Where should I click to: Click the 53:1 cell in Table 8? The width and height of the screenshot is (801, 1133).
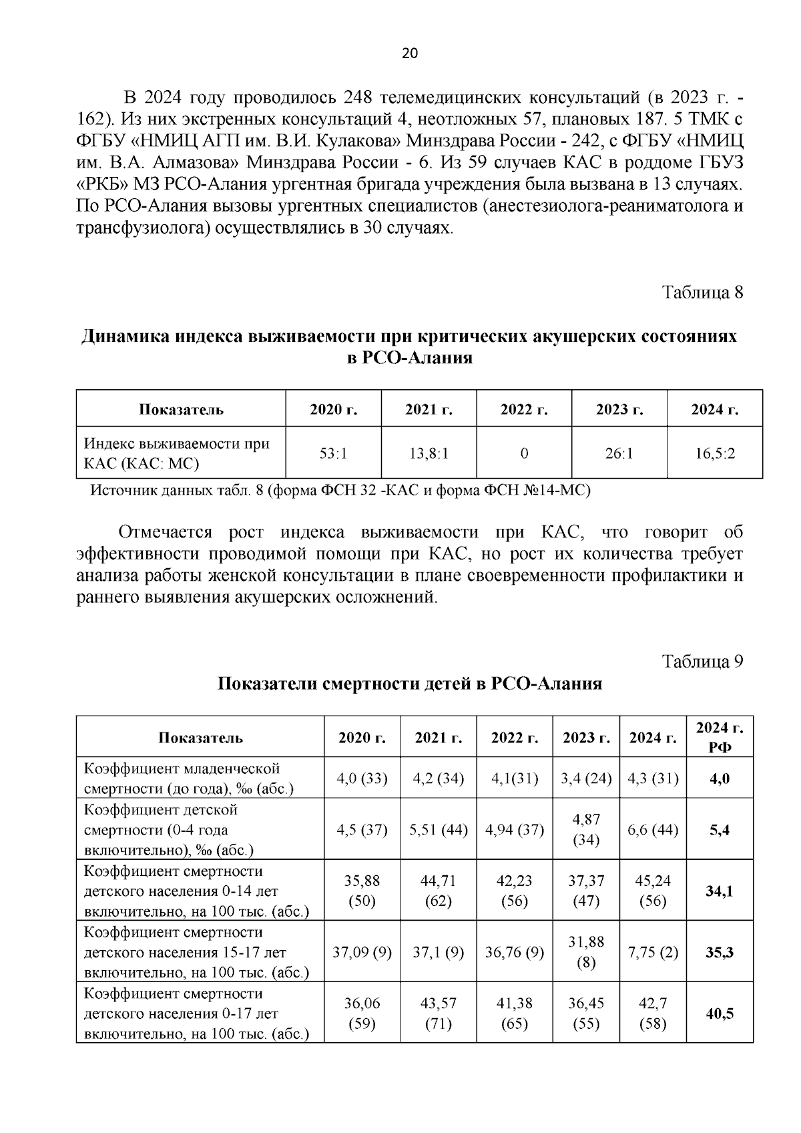(333, 454)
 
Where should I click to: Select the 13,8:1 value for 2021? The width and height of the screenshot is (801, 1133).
(429, 454)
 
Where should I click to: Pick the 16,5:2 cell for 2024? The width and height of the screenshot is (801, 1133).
(714, 454)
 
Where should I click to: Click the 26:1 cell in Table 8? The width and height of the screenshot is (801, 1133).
(619, 454)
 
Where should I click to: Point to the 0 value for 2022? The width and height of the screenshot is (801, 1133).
(524, 454)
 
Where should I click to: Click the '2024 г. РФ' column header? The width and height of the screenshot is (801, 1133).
(720, 737)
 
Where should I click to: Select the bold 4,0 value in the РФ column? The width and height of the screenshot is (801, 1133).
(720, 778)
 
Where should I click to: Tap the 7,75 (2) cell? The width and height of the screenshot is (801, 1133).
(652, 952)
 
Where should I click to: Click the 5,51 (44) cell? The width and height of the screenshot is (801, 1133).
(438, 830)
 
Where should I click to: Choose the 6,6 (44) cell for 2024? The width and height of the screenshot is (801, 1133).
(652, 830)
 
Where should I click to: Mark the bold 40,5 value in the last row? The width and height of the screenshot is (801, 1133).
(720, 1013)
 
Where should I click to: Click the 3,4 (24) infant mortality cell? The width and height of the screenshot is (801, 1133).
(586, 778)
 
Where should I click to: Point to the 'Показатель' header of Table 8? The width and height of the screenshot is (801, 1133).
(181, 409)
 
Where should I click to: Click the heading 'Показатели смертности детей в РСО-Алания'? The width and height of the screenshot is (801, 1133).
(409, 684)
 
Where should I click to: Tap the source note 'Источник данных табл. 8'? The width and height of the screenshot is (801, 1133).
(340, 491)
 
